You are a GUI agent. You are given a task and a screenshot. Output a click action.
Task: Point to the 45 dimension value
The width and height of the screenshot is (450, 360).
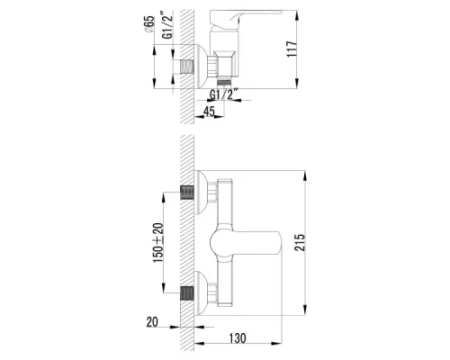point(209,112)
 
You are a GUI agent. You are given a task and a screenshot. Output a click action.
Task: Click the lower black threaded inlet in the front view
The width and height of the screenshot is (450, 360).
point(189,292)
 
